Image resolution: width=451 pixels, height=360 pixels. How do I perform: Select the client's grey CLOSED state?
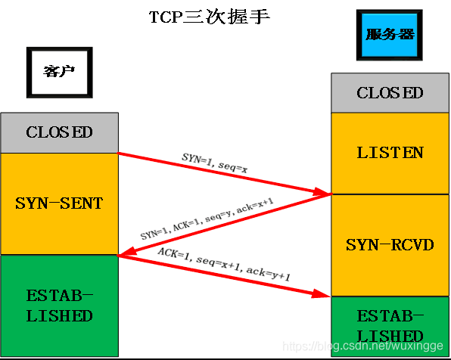[x=59, y=132]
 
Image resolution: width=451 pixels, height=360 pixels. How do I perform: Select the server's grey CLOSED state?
[x=390, y=93]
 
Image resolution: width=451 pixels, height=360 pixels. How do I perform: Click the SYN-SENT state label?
[x=59, y=203]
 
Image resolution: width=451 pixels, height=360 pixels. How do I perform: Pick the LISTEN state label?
[x=390, y=153]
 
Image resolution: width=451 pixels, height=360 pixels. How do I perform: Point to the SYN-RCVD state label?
[x=390, y=245]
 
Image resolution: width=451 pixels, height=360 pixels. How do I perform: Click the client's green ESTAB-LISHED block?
[x=59, y=305]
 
